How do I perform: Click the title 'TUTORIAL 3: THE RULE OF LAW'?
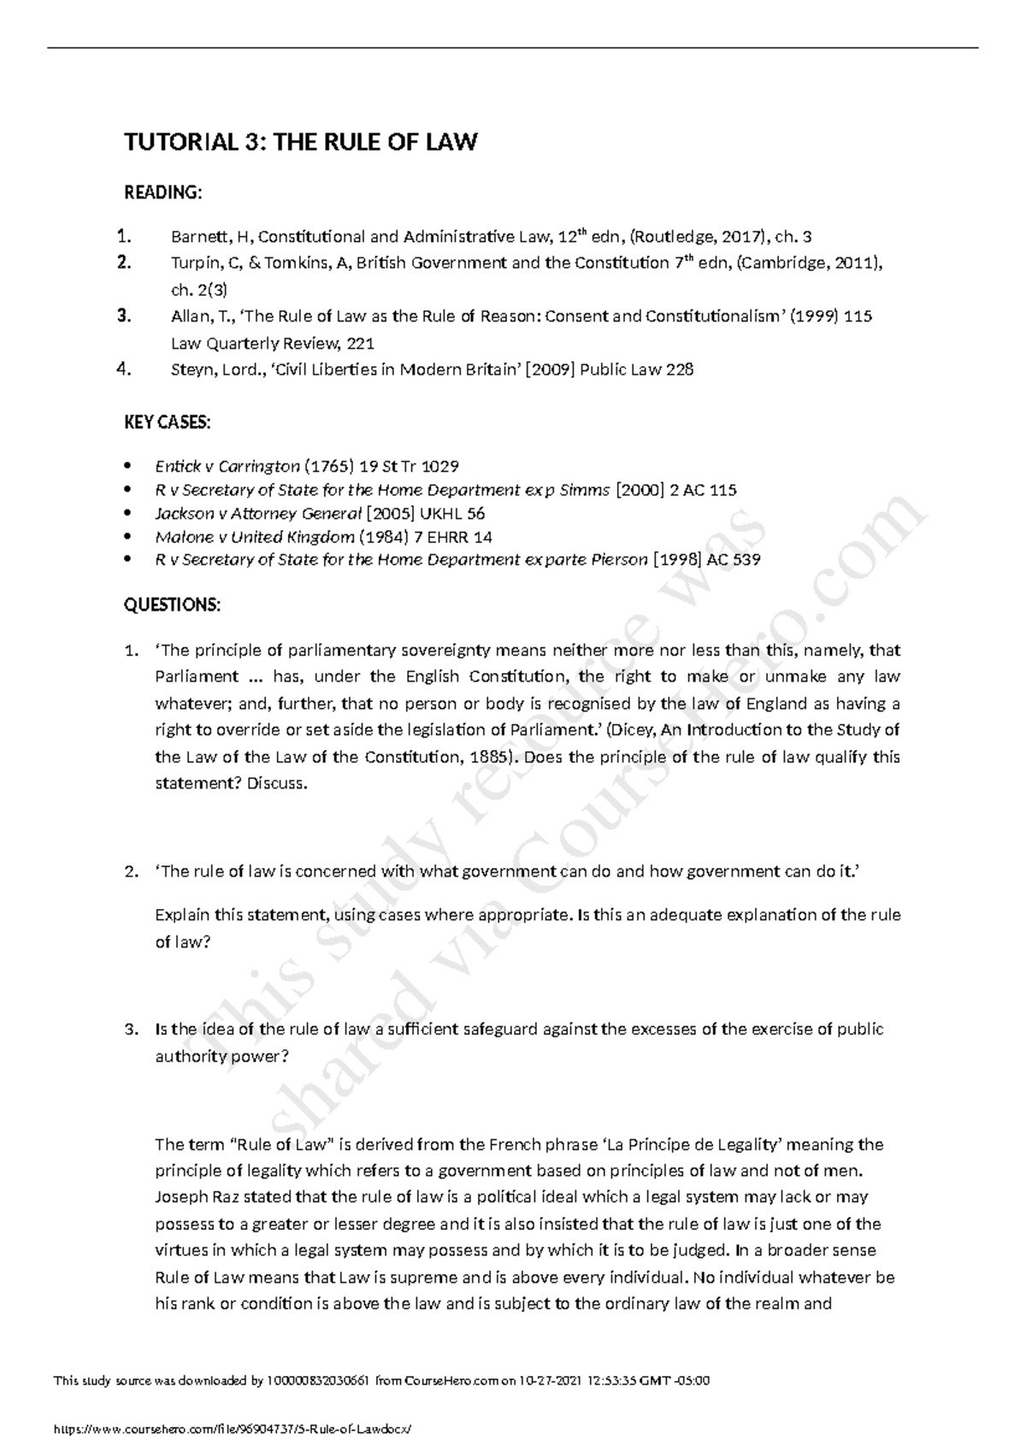(x=300, y=142)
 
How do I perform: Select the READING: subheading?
(x=163, y=192)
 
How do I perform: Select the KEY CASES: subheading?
(x=168, y=422)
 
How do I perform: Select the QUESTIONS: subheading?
(x=172, y=605)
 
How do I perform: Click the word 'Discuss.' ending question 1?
(x=276, y=784)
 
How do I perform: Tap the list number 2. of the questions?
(x=131, y=872)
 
